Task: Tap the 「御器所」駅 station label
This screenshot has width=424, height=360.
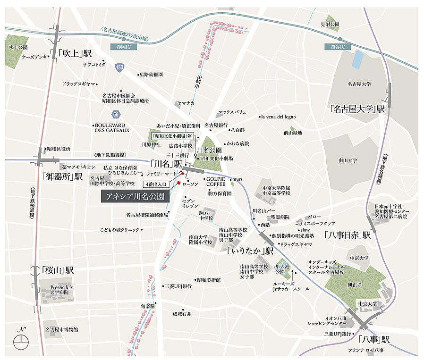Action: click(62, 177)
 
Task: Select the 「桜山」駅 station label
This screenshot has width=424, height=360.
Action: click(58, 271)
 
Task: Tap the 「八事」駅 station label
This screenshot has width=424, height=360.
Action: click(373, 340)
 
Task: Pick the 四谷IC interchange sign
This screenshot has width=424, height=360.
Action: click(338, 47)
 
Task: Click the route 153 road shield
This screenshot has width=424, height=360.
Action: click(120, 69)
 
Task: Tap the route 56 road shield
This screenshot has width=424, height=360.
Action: click(116, 114)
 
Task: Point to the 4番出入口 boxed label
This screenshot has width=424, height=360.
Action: click(156, 184)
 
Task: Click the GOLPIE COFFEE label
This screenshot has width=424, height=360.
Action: click(215, 182)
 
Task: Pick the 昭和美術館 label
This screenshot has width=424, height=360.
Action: click(209, 280)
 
